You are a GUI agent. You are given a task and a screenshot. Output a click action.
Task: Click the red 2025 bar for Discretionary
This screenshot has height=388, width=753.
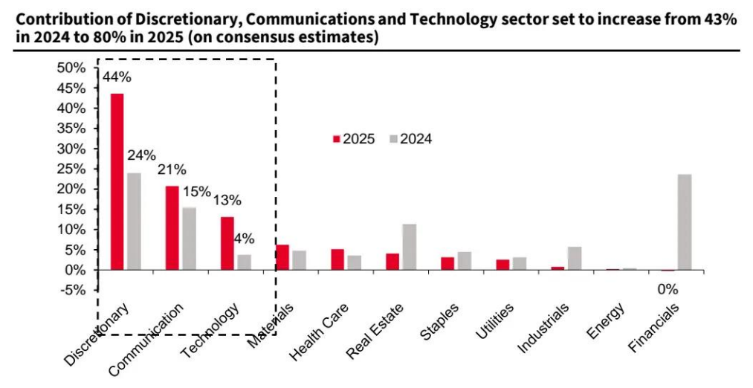117,181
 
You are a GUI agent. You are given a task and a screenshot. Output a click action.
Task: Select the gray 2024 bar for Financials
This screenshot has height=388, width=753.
684,222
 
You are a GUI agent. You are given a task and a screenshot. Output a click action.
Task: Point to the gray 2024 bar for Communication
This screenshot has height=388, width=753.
189,239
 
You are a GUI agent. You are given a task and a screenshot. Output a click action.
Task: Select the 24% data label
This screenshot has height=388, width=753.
140,155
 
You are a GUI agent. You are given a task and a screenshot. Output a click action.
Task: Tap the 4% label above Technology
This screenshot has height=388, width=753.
244,239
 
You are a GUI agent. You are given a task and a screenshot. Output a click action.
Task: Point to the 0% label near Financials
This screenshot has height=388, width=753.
668,289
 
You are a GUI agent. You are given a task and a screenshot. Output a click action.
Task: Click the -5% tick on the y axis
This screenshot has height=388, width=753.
74,290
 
